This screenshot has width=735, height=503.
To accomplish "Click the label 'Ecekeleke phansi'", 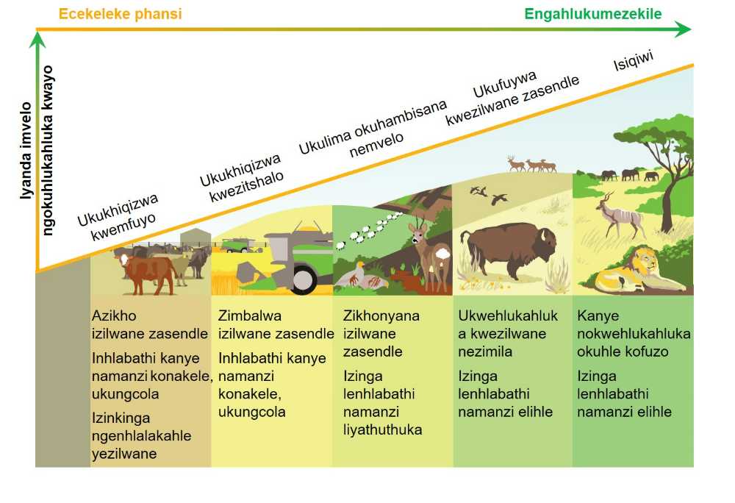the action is point(120,14).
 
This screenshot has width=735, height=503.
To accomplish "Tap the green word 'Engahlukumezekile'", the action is point(593,14).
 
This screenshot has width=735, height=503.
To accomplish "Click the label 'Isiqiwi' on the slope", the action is point(634,61).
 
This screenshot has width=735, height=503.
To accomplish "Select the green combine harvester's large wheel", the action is point(306,277).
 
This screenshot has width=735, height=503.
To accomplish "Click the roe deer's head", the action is point(419,233).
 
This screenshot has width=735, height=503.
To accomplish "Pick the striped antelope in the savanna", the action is point(620,215).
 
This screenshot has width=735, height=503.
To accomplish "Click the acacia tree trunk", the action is point(667,206).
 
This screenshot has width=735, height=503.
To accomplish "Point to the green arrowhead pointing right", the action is point(683,29).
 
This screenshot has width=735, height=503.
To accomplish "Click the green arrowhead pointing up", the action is point(37,40).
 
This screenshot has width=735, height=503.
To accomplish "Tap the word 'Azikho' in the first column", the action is point(114,315).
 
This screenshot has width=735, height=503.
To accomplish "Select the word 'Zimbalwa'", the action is point(250,315).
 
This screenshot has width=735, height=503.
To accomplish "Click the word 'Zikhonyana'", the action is point(381,316).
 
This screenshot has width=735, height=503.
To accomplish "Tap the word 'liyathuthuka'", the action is point(382,430).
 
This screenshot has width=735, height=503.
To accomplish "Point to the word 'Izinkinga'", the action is point(121,418).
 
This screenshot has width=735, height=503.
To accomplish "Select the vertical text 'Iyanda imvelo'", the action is point(26,150).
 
